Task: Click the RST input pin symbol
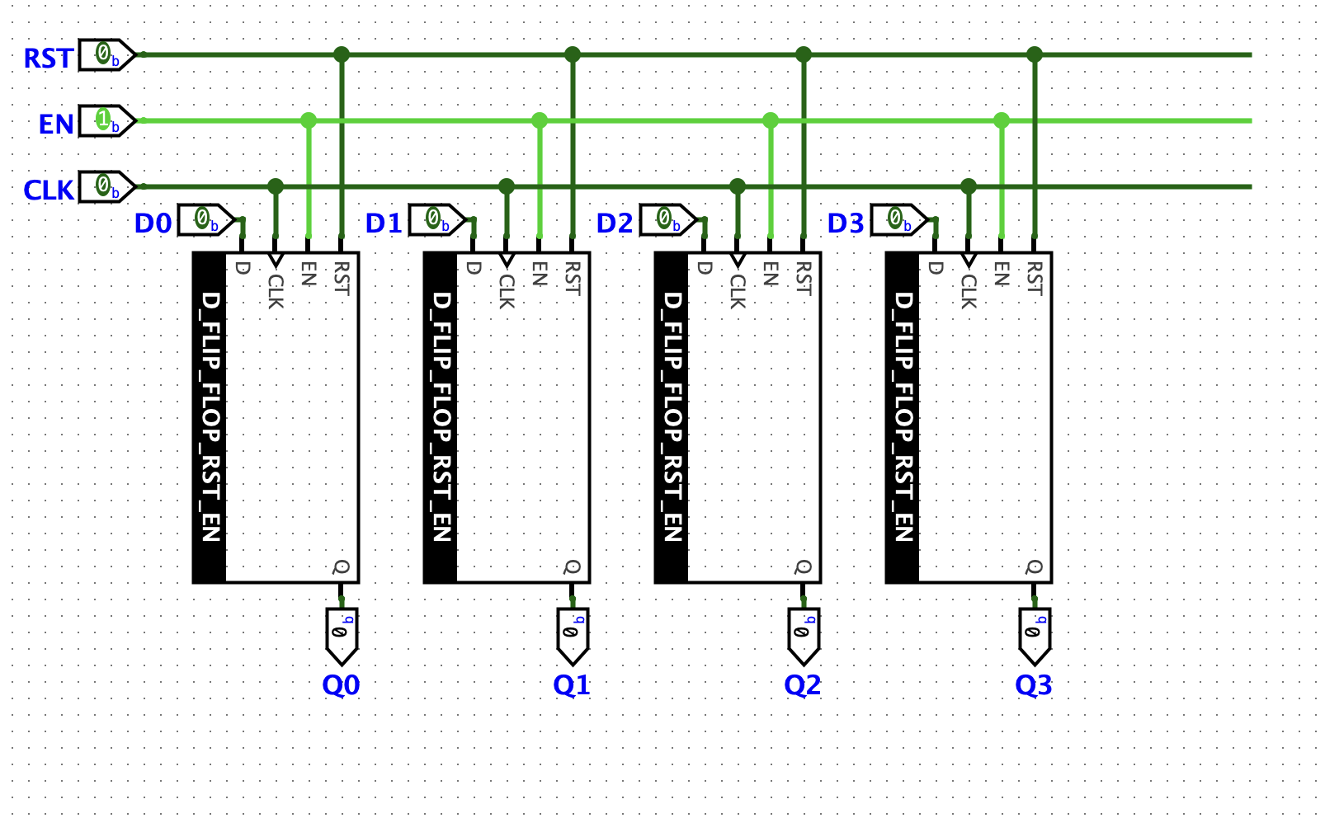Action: [106, 55]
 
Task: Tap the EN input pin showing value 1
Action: [106, 121]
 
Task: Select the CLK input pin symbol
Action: [106, 187]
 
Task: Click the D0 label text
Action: [153, 223]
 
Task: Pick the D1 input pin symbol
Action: [436, 220]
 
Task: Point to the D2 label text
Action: [615, 223]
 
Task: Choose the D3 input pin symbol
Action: [898, 220]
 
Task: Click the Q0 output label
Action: [341, 685]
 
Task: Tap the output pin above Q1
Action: [573, 635]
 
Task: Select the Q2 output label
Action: [803, 685]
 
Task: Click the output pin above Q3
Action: [1035, 635]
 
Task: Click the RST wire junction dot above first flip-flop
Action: [342, 55]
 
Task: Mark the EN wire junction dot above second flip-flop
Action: [540, 121]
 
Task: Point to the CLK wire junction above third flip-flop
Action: [738, 187]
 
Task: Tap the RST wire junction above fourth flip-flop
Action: [1035, 55]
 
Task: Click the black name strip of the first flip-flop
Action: [210, 416]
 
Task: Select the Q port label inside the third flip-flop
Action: [803, 567]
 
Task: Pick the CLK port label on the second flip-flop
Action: [507, 292]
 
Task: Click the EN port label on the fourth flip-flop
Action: [1002, 274]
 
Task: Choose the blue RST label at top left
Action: [48, 59]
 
